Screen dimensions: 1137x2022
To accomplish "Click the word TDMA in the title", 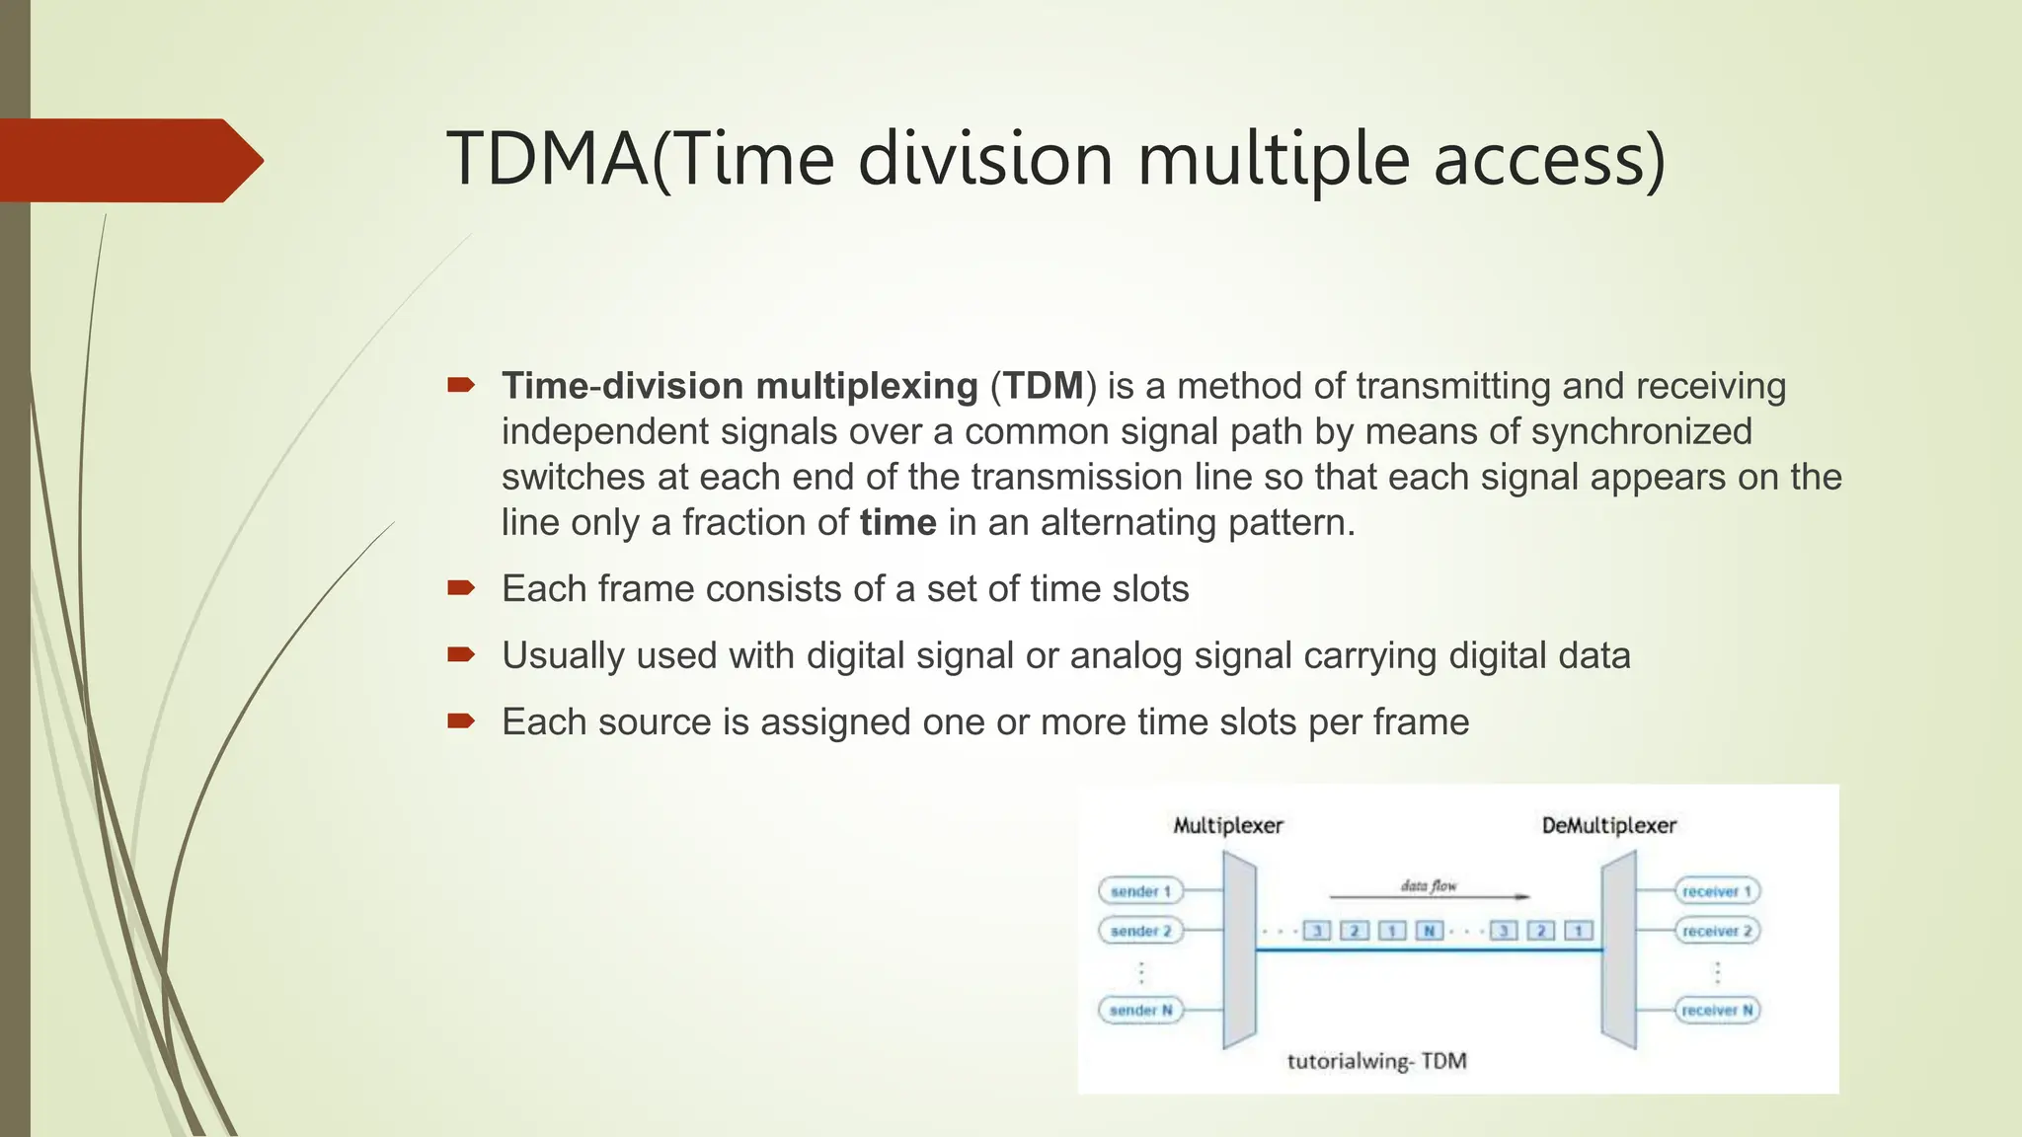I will point(548,160).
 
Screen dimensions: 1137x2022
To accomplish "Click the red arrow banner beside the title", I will point(128,160).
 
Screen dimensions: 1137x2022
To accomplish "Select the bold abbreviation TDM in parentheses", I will point(1044,386).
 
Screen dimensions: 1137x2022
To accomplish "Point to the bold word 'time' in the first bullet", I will point(897,522).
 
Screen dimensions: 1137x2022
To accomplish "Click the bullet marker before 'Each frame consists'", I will point(461,589).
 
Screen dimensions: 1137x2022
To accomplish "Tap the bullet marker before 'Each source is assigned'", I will point(461,721).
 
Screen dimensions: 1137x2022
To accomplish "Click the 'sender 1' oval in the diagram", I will point(1140,891).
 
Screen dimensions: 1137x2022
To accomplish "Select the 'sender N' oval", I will point(1140,1010).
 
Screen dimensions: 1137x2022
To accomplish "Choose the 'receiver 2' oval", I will point(1717,931).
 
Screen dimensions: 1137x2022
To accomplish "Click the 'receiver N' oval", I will point(1717,1010).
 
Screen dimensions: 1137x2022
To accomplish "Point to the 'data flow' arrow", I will point(1429,896).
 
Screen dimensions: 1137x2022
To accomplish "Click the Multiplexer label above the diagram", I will point(1227,825).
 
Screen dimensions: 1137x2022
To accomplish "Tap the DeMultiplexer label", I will point(1608,825).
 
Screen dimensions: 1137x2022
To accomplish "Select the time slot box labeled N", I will point(1429,931).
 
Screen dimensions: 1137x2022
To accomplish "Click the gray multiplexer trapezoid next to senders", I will point(1239,949).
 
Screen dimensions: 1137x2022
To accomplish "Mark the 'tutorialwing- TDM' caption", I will point(1376,1061).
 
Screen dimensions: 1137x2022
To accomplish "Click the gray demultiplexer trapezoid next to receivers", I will point(1618,949).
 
